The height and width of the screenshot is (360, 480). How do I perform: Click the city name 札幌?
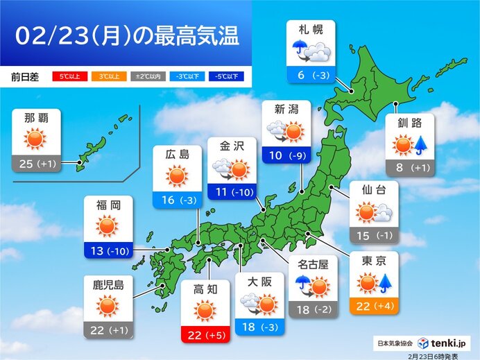point(310,30)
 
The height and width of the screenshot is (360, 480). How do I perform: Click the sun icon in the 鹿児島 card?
point(107,305)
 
